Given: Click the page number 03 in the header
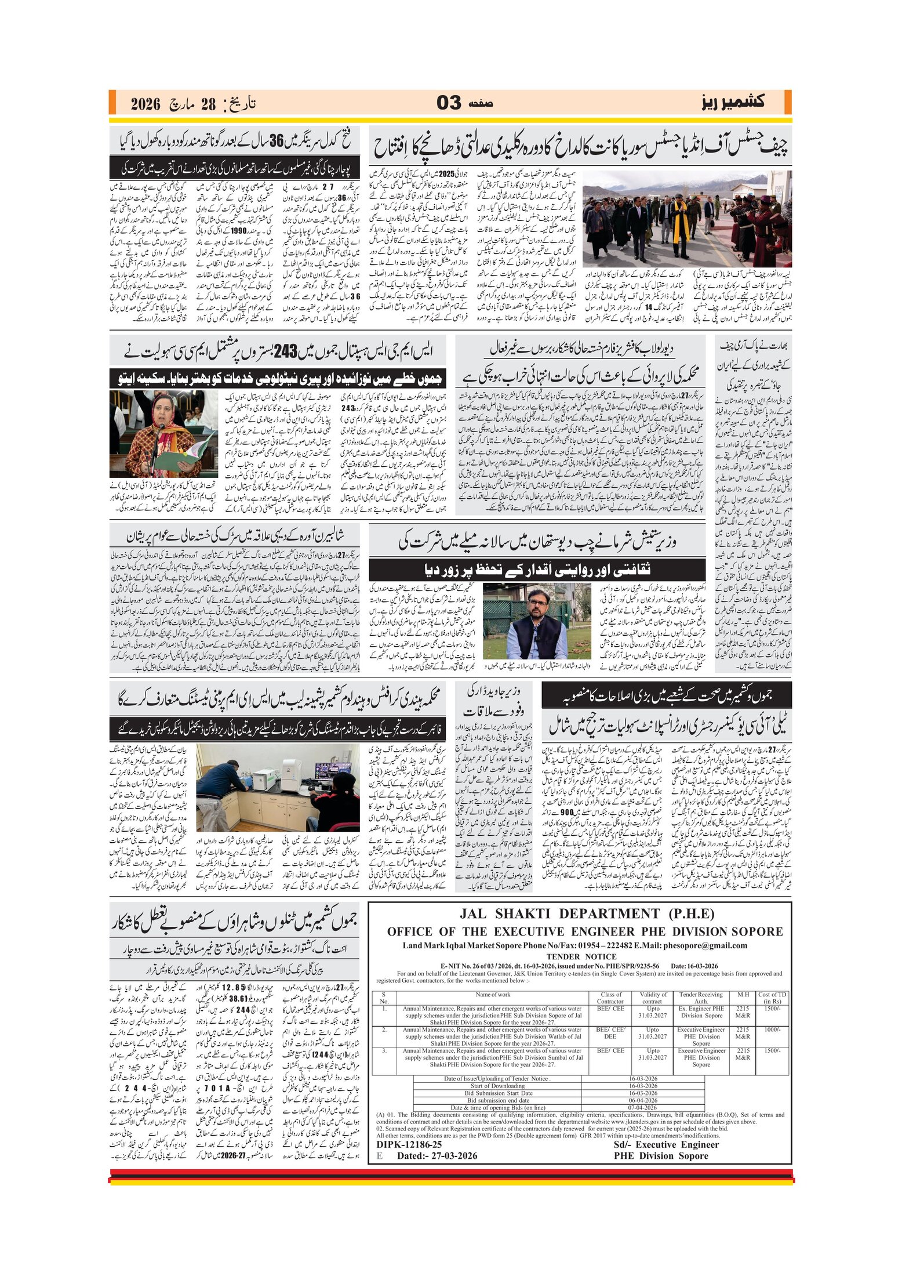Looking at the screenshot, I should tap(449, 103).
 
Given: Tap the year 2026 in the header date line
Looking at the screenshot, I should tap(145, 104).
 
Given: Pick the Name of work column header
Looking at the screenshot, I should tap(493, 995).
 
